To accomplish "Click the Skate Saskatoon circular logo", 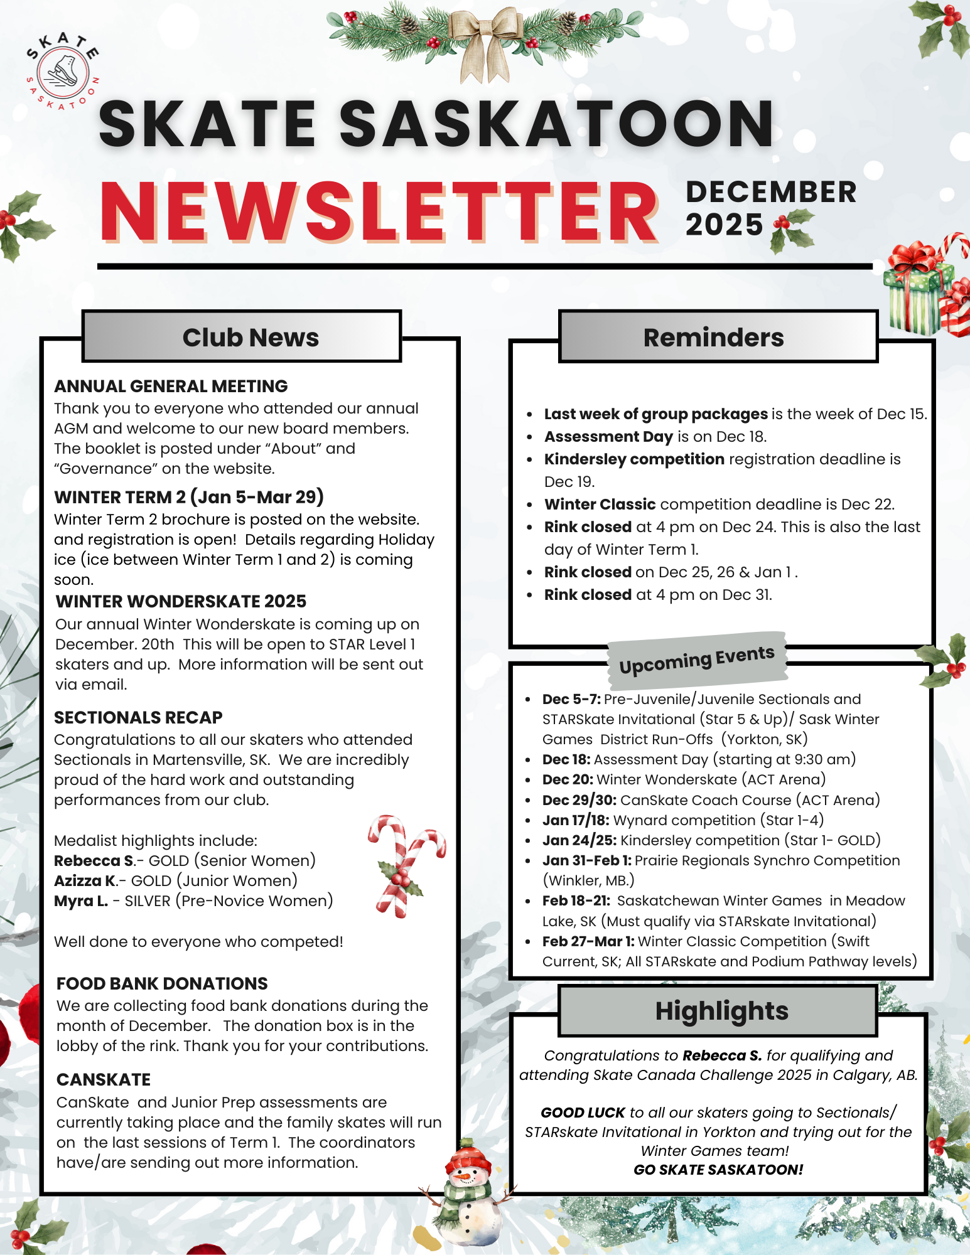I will coord(62,72).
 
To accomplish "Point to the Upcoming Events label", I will coord(697,659).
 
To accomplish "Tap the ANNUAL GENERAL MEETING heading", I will coord(171,386).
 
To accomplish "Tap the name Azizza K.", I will coord(85,880).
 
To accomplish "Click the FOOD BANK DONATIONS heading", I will coord(162,983).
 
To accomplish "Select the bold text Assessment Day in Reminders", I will coord(608,436).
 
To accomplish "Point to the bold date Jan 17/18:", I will coord(576,820).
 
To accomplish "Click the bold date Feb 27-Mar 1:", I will coord(588,941).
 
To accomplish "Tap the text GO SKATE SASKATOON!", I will coord(718,1170).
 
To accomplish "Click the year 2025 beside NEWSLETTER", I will coord(724,225).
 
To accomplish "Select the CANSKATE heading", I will coord(104,1079).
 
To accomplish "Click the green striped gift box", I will coord(914,295).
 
